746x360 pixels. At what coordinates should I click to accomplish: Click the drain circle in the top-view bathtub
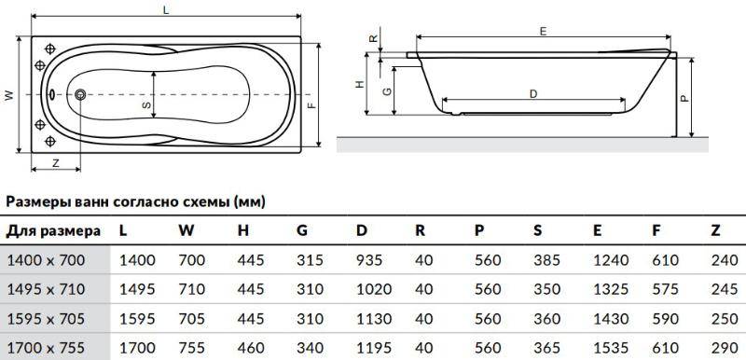click(x=80, y=94)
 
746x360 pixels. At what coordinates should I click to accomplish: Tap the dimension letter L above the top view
click(x=166, y=10)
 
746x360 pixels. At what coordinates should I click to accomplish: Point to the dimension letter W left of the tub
click(x=9, y=95)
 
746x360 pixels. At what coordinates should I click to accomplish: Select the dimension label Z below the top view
click(x=56, y=163)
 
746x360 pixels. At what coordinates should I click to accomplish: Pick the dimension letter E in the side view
click(x=544, y=32)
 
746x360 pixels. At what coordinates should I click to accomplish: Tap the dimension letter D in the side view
click(x=533, y=94)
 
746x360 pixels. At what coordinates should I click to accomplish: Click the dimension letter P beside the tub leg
click(x=684, y=98)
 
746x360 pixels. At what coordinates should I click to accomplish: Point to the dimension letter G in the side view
click(x=387, y=91)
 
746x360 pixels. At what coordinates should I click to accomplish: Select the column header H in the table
click(x=243, y=230)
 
